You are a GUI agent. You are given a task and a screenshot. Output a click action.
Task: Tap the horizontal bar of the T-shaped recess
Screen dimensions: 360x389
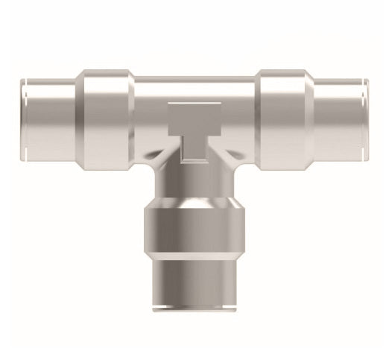[195, 112]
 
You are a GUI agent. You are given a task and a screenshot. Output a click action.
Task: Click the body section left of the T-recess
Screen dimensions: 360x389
[149, 119]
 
